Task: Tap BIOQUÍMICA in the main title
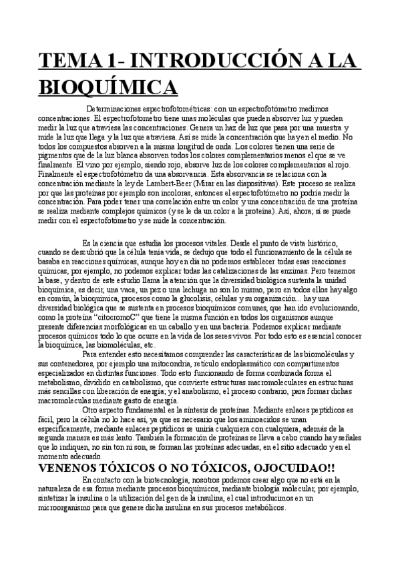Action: [x=107, y=87]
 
